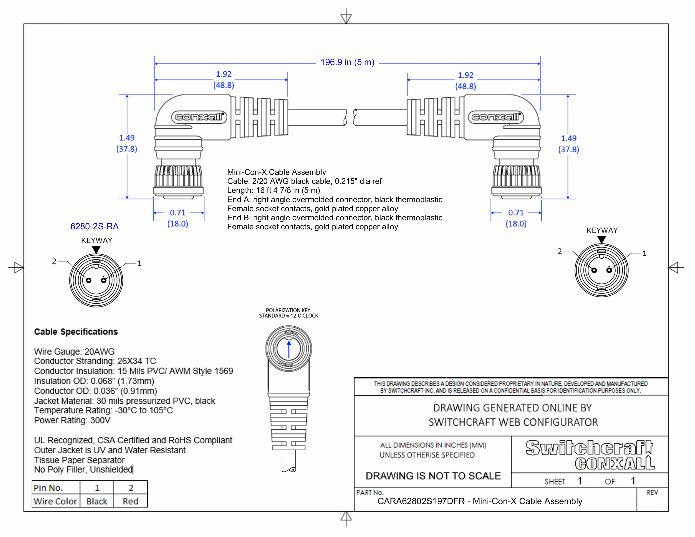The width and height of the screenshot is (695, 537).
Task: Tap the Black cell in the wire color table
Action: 97,501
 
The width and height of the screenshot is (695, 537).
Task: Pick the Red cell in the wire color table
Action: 131,501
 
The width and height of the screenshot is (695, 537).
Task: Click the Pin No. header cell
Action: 48,488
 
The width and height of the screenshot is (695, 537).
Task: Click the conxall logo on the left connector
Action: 199,117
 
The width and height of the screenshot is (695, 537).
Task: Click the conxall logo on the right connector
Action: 496,117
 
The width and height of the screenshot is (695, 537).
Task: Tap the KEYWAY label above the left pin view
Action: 97,240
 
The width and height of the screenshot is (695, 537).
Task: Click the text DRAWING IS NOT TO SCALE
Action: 433,476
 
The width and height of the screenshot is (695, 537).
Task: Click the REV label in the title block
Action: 652,493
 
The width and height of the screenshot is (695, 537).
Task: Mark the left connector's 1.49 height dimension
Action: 127,143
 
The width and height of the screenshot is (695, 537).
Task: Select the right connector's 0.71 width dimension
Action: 516,218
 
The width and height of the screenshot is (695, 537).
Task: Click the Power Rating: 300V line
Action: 72,420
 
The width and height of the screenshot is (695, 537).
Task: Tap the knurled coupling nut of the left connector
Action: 179,176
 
